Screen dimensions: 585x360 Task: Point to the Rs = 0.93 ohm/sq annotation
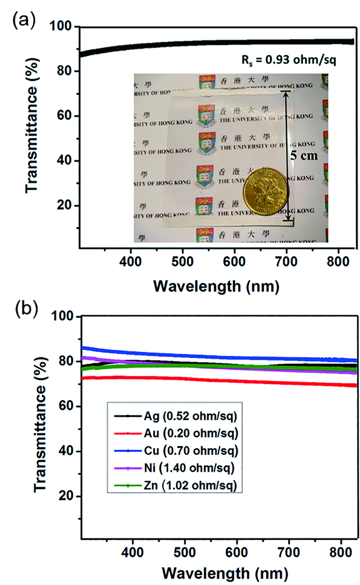[296, 61]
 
